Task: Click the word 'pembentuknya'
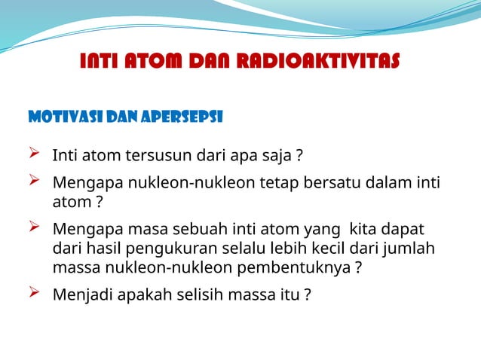tap(302, 267)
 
